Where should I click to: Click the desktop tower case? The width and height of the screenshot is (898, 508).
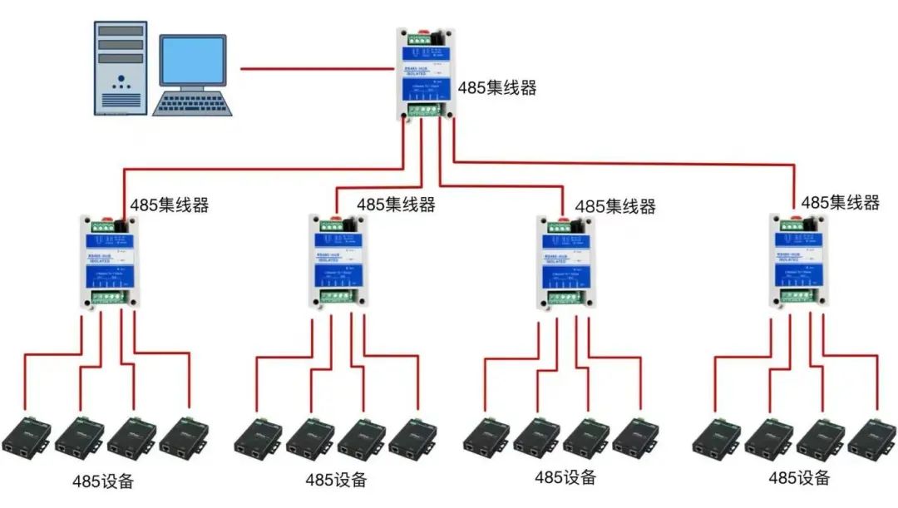coord(121,68)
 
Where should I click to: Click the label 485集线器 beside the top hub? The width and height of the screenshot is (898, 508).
coord(497,88)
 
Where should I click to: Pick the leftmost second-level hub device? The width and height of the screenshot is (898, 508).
coord(108,262)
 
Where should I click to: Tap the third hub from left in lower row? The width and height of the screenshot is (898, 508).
coord(565,262)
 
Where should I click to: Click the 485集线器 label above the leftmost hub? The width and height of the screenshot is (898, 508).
coord(169,205)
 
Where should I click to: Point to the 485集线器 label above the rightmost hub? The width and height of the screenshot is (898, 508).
coord(840,202)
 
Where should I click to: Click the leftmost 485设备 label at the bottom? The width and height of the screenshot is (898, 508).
coord(102,481)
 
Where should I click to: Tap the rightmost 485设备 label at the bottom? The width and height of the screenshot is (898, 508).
coord(799,478)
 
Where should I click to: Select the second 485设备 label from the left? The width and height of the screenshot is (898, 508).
coord(335,480)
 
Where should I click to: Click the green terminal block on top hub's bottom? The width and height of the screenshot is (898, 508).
coord(428,109)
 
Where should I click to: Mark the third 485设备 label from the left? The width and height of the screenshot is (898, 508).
coord(565,477)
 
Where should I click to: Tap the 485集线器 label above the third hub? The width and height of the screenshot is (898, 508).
coord(615,205)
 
